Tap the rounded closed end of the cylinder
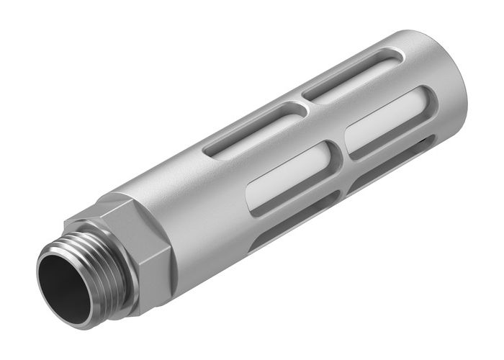450,79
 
